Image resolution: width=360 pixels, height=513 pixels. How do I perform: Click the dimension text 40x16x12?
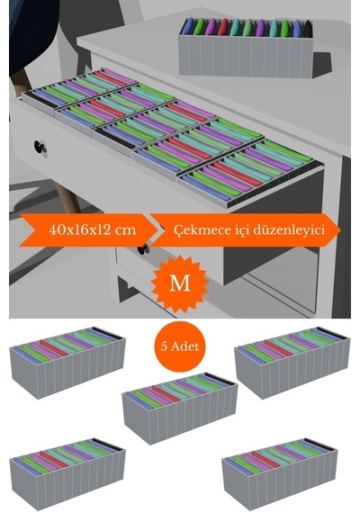79,229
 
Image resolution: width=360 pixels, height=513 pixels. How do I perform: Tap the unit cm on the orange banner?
125,230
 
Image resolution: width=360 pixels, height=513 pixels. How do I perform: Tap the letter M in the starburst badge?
180,283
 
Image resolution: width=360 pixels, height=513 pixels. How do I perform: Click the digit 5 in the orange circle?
164,346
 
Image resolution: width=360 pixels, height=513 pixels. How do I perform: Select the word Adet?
184,346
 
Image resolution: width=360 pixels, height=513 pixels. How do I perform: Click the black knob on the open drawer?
40,147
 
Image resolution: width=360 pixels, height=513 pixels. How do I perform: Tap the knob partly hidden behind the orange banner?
144,249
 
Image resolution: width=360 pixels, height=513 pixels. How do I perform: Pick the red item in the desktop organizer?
223,27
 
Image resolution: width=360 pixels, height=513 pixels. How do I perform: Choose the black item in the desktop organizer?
308,29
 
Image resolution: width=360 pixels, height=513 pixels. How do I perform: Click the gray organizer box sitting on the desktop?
246,49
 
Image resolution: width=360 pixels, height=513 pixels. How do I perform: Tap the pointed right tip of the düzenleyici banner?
340,230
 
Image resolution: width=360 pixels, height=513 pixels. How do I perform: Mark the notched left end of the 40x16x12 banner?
33,230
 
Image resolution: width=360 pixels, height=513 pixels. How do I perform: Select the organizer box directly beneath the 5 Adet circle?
179,408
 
